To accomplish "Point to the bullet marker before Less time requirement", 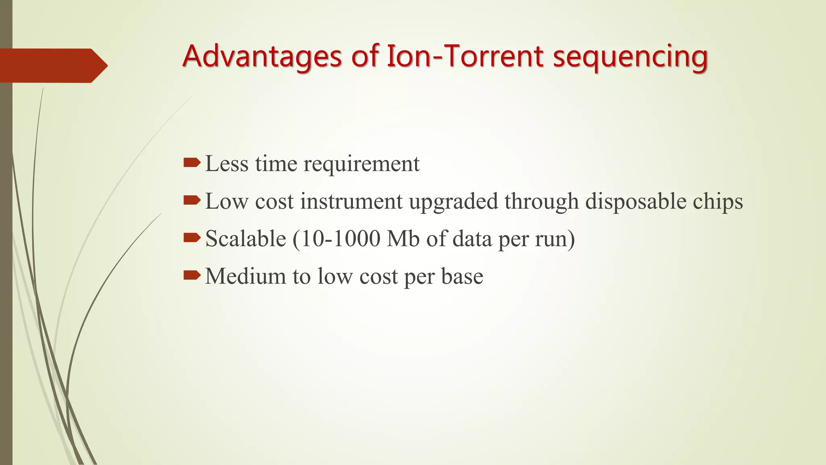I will [192, 163].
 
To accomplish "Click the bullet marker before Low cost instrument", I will [192, 200].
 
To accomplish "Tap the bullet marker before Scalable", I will [192, 238].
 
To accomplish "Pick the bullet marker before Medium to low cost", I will [192, 275].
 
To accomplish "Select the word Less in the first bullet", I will [227, 163].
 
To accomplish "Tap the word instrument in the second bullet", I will [351, 201].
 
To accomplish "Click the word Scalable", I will [246, 239].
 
